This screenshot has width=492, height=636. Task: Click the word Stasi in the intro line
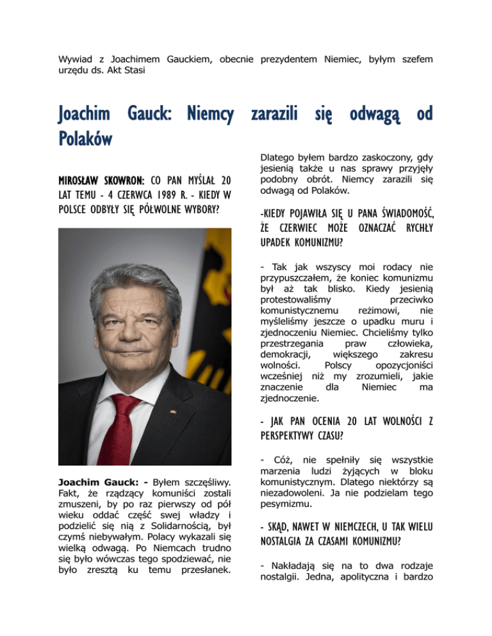[x=133, y=70]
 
